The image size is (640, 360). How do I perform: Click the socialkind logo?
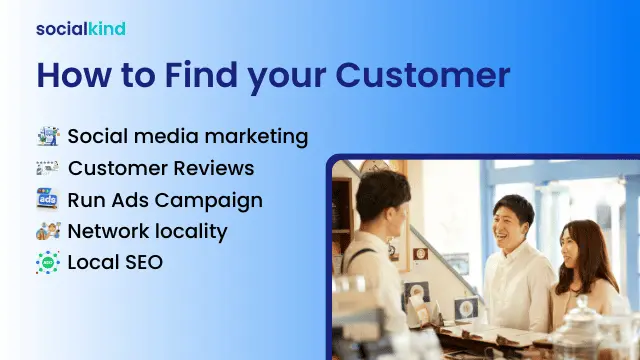pyautogui.click(x=81, y=28)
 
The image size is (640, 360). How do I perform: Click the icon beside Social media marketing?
pyautogui.click(x=48, y=136)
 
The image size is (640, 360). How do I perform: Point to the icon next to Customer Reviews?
pyautogui.click(x=48, y=168)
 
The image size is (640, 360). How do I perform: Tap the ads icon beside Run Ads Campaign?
pyautogui.click(x=48, y=200)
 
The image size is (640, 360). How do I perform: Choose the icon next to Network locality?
pyautogui.click(x=48, y=232)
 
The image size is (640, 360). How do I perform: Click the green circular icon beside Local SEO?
pyautogui.click(x=48, y=264)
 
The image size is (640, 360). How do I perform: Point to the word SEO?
pyautogui.click(x=142, y=264)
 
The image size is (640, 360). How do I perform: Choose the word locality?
pyautogui.click(x=189, y=232)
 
